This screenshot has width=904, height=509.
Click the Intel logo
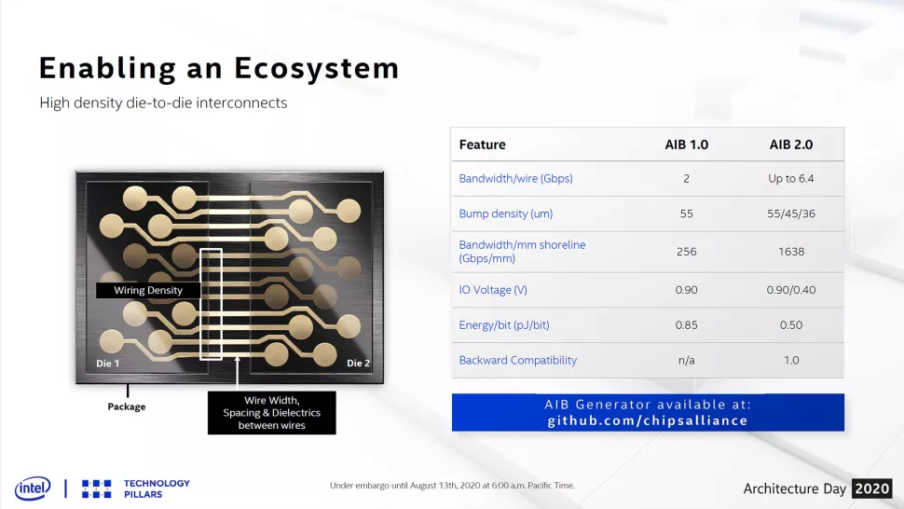tap(33, 488)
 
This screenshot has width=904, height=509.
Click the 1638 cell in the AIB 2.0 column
tap(791, 252)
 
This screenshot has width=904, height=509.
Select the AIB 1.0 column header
tap(686, 144)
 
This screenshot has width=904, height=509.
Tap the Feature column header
tap(482, 144)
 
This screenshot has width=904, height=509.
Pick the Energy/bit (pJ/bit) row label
tap(504, 325)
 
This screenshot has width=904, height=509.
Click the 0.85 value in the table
tap(686, 325)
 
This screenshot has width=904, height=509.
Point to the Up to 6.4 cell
tap(791, 179)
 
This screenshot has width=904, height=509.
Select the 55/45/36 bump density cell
tap(791, 213)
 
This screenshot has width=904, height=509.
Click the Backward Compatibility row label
tap(518, 360)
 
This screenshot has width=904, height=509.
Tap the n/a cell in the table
tap(686, 360)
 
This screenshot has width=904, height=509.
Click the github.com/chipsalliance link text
tap(648, 420)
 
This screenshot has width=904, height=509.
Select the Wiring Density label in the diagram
tap(148, 290)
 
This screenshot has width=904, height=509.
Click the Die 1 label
tap(108, 364)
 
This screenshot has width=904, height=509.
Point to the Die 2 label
tap(358, 364)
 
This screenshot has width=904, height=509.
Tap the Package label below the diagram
tap(126, 406)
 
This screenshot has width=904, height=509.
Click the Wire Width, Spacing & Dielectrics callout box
tap(271, 413)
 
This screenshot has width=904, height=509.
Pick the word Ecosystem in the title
tap(317, 69)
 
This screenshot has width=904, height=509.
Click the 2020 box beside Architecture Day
tap(872, 488)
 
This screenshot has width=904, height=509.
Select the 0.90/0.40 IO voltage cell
tap(791, 290)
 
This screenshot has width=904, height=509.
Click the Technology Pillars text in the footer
tap(157, 488)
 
